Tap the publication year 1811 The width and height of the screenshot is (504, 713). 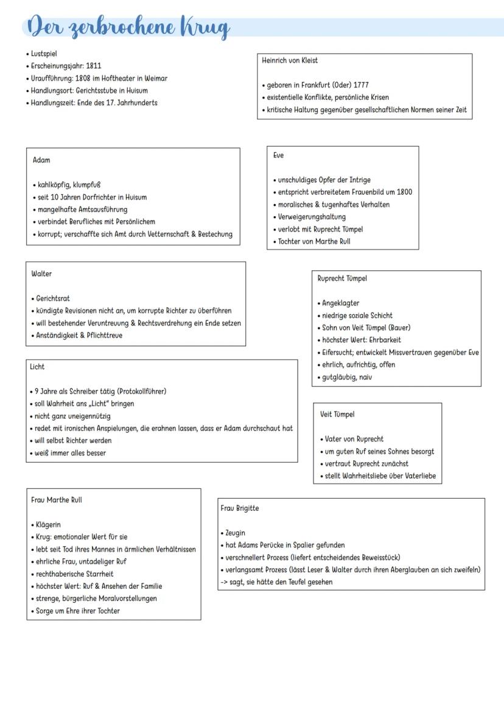(93, 66)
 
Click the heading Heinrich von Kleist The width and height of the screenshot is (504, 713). (290, 60)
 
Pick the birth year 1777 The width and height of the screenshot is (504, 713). (360, 85)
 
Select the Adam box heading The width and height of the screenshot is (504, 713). (41, 160)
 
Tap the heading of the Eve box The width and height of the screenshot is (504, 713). (278, 155)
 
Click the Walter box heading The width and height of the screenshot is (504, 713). (41, 274)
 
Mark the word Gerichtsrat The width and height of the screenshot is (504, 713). (53, 298)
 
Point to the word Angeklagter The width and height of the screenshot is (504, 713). (341, 303)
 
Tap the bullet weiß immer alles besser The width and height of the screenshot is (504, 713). (70, 453)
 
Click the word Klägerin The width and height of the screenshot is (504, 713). (48, 525)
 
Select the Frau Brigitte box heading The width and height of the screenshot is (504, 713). (239, 508)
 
